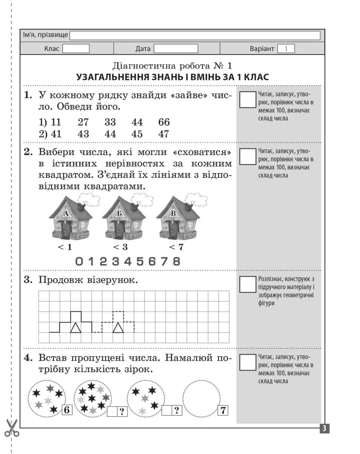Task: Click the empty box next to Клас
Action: click(x=76, y=49)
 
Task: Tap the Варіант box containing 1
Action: click(x=286, y=49)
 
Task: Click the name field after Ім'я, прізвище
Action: click(x=195, y=36)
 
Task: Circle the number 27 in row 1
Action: click(x=84, y=122)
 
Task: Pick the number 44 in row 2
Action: click(x=110, y=134)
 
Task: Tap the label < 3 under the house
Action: click(x=120, y=247)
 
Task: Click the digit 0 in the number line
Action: click(x=79, y=261)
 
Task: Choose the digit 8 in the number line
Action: click(x=176, y=261)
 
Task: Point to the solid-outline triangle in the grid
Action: click(x=76, y=328)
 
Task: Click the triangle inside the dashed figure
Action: click(x=118, y=328)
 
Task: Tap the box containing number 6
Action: click(x=67, y=410)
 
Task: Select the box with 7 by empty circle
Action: click(x=223, y=410)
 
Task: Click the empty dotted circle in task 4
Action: click(x=201, y=397)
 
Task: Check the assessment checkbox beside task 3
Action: click(x=248, y=285)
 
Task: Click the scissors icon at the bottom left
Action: click(x=12, y=428)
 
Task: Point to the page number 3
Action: click(x=324, y=429)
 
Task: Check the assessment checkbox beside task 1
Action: click(x=248, y=100)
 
